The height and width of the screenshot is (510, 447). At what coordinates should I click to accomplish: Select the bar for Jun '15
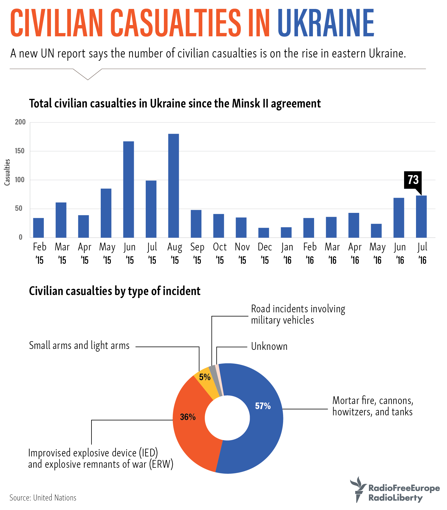click(128, 189)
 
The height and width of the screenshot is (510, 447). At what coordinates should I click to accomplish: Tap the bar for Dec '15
click(263, 233)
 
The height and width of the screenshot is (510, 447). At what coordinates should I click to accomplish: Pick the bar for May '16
click(376, 230)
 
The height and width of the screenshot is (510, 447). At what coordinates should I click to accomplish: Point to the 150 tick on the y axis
click(20, 151)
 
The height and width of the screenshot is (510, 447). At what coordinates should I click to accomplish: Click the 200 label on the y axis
click(20, 122)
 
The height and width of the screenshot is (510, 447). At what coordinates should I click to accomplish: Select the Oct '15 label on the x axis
click(220, 253)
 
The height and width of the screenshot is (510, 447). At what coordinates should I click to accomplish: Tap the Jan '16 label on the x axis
click(287, 253)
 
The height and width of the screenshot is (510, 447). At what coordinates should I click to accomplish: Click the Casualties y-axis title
click(7, 172)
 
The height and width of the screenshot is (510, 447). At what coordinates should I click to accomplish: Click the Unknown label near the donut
click(269, 347)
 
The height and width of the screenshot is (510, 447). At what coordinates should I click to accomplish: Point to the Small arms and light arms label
click(79, 345)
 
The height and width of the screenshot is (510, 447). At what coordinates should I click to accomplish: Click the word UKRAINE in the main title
click(325, 23)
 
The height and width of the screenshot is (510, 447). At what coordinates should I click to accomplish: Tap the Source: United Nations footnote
click(43, 498)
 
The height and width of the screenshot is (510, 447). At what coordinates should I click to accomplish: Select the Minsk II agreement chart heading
click(175, 104)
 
